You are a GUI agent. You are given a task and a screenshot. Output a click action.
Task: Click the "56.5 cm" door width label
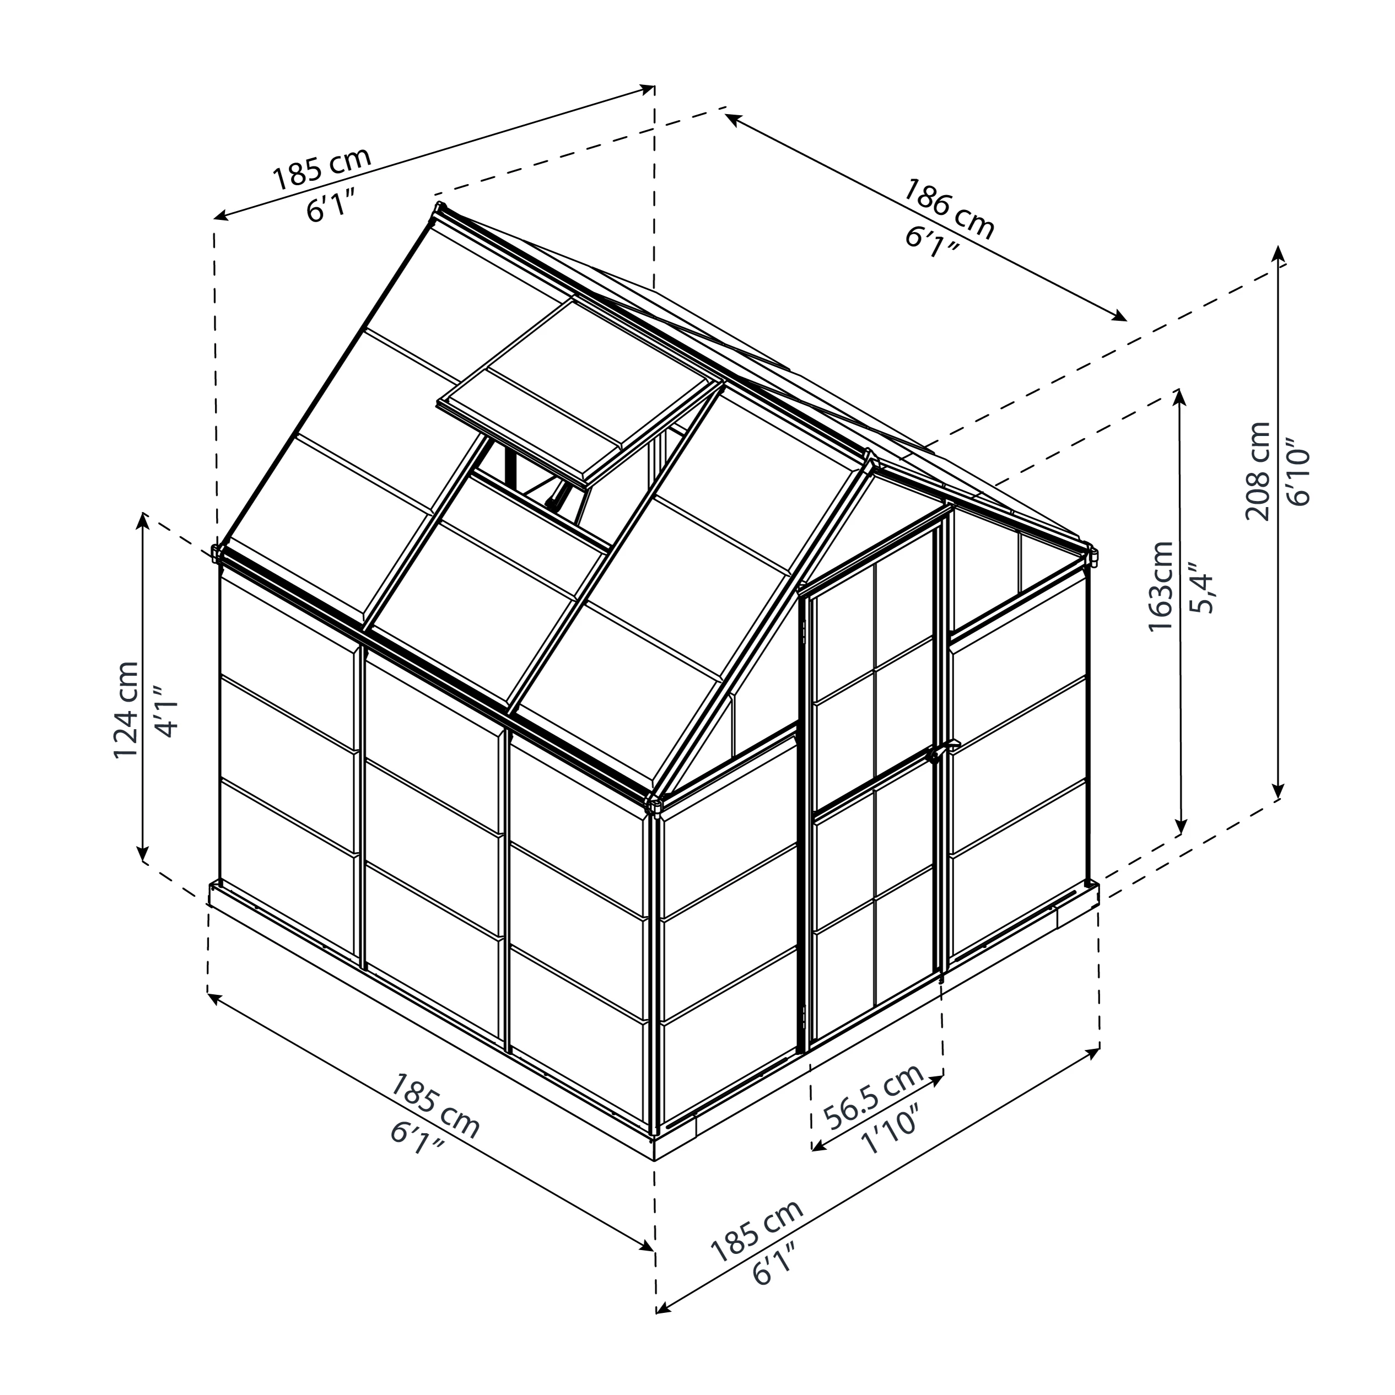point(874,1097)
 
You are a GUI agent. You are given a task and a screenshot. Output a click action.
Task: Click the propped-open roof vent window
point(578,390)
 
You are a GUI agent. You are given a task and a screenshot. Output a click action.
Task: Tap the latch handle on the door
point(936,755)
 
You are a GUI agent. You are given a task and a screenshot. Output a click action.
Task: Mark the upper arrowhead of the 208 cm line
point(1279,251)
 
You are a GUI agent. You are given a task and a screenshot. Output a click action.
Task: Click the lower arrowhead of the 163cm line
point(1181,828)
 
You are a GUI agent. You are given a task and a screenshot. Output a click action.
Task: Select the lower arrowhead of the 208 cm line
point(1279,792)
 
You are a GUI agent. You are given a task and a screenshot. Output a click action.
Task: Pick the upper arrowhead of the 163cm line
point(1181,394)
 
